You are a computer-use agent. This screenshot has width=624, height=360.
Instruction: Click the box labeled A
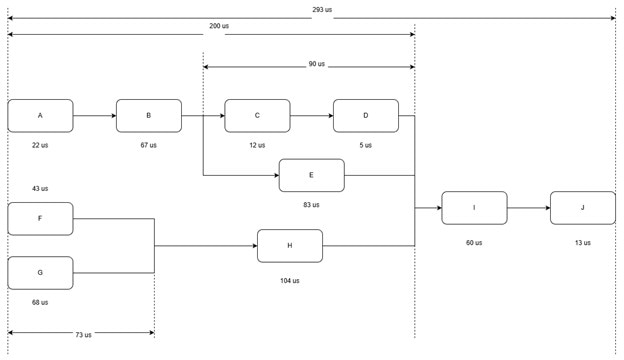tap(40, 116)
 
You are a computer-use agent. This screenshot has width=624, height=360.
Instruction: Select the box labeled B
tap(149, 116)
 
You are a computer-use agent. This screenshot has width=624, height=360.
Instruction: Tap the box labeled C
tap(257, 116)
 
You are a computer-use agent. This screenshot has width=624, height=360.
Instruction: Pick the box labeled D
tap(366, 116)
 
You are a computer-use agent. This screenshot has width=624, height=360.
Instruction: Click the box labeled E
tap(311, 175)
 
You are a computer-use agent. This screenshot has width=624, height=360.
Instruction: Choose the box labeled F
tap(40, 218)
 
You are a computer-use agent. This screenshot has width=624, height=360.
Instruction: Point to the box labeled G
tap(40, 272)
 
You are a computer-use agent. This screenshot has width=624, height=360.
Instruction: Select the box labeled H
tap(289, 245)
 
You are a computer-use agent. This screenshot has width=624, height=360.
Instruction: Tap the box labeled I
tap(474, 208)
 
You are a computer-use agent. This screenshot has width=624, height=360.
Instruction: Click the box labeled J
tap(582, 208)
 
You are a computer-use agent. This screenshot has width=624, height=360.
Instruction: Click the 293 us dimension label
tap(321, 10)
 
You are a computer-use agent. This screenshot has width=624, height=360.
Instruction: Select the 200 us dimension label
tap(219, 26)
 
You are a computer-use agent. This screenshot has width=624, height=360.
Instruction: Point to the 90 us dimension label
tap(316, 64)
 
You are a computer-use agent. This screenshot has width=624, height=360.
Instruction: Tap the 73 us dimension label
tap(82, 335)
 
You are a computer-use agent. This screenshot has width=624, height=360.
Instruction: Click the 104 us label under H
tap(289, 281)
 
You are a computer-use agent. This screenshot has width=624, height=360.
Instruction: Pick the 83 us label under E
tap(311, 205)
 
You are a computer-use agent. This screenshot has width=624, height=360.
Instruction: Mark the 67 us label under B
tap(149, 145)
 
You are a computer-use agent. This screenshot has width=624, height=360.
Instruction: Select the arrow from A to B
tap(94, 116)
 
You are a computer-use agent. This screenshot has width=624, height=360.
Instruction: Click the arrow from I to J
tap(528, 208)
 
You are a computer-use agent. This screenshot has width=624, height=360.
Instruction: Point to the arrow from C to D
tap(311, 116)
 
